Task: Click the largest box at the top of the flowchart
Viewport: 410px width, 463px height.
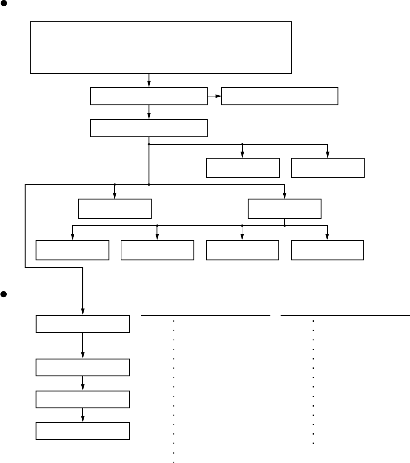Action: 161,47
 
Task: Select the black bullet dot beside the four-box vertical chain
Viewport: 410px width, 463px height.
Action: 4,294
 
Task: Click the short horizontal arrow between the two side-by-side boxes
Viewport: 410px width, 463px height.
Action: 214,96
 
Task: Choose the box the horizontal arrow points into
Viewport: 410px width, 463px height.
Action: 279,96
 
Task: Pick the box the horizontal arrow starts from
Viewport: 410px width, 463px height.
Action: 149,96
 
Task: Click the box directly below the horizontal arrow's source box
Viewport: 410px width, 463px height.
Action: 149,128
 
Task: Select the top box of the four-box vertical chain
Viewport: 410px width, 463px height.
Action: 83,324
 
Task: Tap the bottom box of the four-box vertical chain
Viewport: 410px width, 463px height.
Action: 83,431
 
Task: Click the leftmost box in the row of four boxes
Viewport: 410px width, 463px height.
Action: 72,250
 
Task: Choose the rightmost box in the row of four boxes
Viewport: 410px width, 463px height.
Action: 327,250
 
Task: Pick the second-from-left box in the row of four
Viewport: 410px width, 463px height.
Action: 157,250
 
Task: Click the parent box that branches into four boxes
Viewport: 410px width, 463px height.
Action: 285,209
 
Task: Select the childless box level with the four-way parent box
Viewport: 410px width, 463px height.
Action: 115,209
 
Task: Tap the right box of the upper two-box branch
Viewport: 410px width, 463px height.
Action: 327,168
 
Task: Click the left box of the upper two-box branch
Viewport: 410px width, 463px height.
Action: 243,168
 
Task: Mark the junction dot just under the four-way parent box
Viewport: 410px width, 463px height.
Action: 285,226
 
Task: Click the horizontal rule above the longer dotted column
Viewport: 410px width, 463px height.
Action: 205,315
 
